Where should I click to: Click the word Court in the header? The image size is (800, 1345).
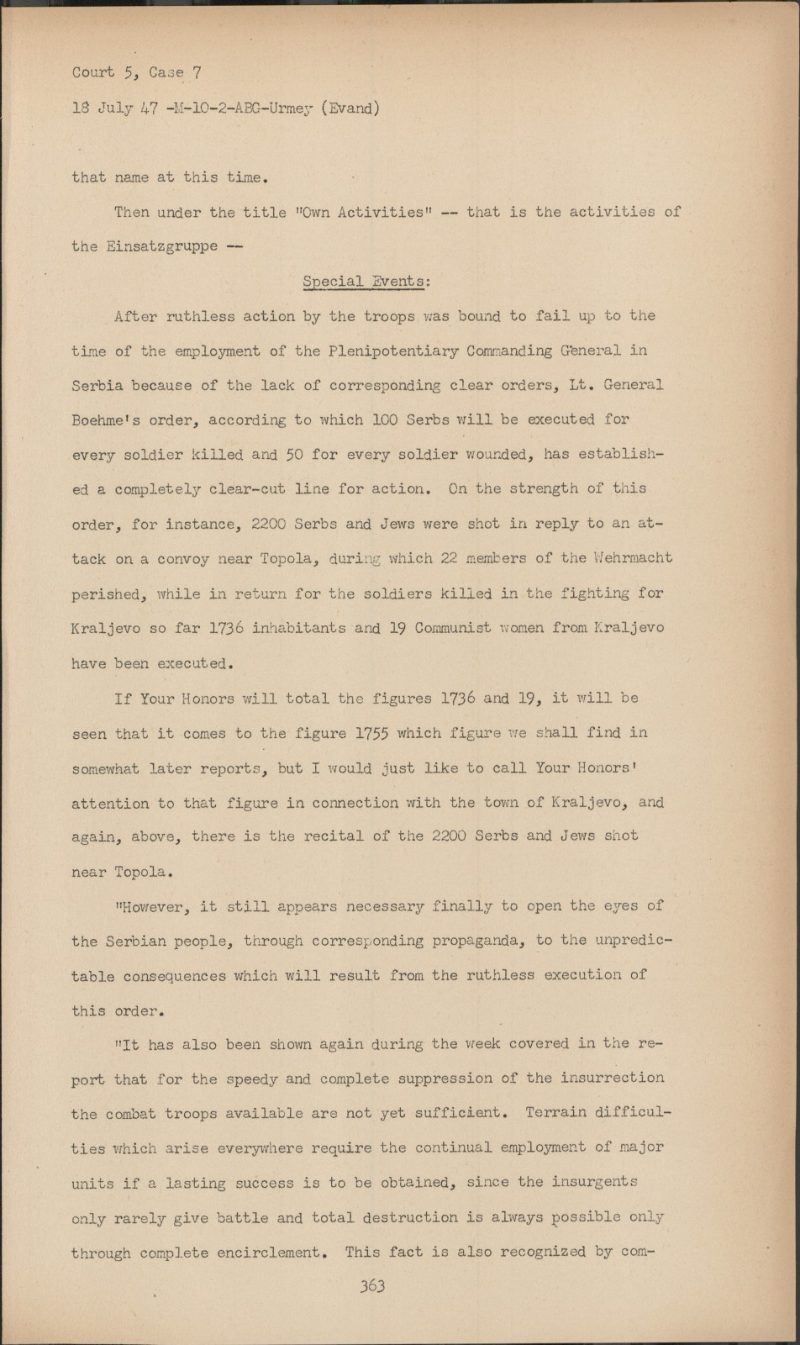pos(92,72)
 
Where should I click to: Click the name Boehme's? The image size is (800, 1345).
pos(110,419)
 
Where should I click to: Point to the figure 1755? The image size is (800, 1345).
pos(371,733)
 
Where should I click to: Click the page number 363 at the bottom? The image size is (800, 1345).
pos(372,1286)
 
